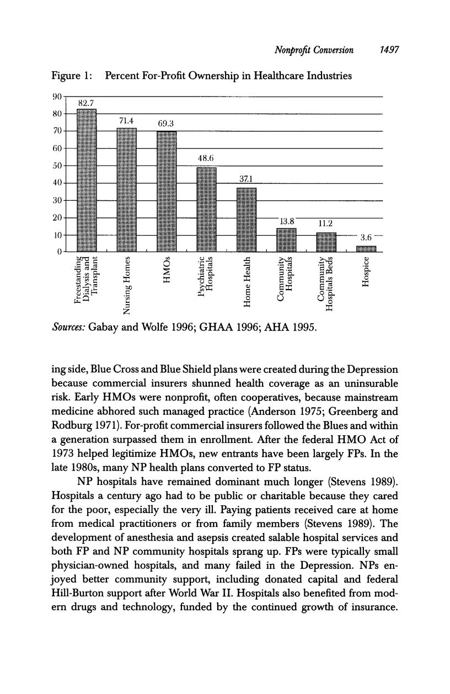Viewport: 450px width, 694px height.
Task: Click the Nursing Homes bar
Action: [127, 190]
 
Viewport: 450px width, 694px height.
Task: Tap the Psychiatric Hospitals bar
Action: [206, 210]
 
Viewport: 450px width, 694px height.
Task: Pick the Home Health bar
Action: [247, 220]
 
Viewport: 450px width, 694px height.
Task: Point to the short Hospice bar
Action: [366, 249]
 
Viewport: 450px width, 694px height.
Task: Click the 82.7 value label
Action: [87, 103]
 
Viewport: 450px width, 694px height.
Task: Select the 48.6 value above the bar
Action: [206, 158]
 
